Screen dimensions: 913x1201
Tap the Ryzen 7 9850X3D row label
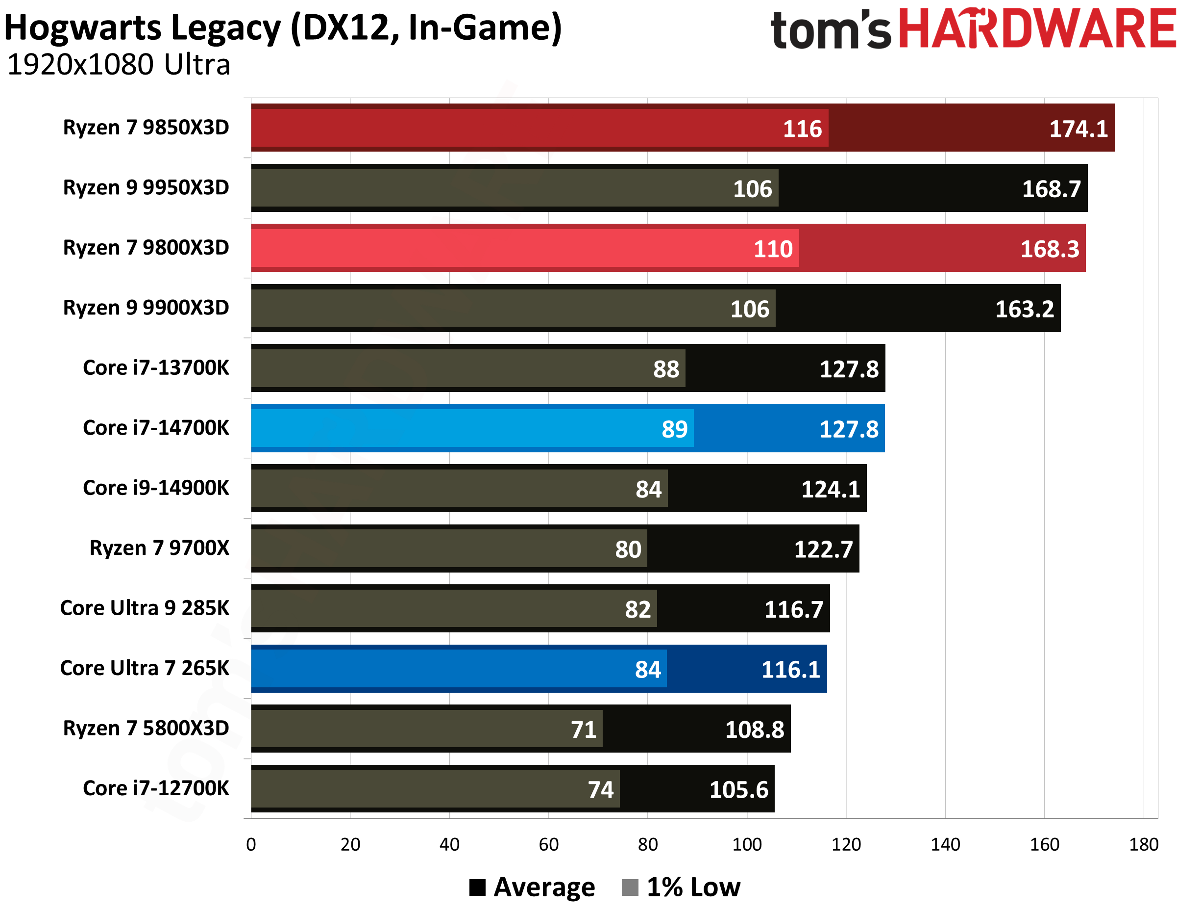[x=146, y=127]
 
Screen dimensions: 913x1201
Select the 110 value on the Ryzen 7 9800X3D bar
[x=773, y=249]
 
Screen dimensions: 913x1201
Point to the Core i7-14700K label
[x=155, y=428]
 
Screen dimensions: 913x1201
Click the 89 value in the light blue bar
[x=674, y=429]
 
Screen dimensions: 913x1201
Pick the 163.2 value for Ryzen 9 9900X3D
[x=1024, y=309]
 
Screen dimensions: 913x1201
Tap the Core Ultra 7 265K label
[x=145, y=668]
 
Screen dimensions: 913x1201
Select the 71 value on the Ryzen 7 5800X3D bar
[x=583, y=730]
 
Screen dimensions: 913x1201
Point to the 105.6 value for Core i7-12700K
[x=738, y=790]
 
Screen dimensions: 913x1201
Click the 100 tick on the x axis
[x=747, y=844]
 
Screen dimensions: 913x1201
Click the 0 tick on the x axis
[x=251, y=844]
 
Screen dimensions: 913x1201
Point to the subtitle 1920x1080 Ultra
[x=119, y=65]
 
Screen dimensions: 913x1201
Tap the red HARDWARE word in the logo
[x=1037, y=28]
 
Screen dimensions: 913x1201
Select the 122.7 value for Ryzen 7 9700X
[x=823, y=549]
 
